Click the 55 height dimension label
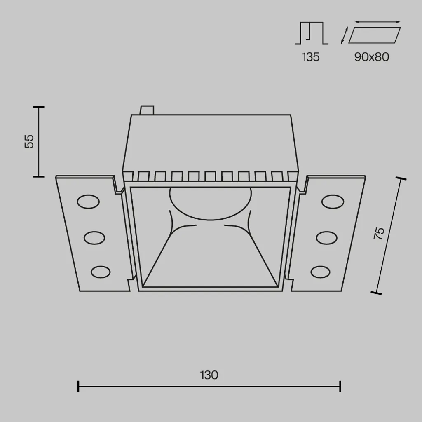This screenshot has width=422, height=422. pyautogui.click(x=29, y=141)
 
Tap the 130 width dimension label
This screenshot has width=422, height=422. pyautogui.click(x=209, y=375)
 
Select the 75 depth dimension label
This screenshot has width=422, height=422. pyautogui.click(x=379, y=233)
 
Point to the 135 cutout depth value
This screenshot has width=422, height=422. pyautogui.click(x=311, y=57)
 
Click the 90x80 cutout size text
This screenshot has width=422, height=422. pyautogui.click(x=372, y=57)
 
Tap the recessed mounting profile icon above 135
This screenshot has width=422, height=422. pyautogui.click(x=312, y=33)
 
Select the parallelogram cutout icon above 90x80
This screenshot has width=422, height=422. pyautogui.click(x=374, y=35)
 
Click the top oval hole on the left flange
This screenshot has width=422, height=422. pyautogui.click(x=88, y=202)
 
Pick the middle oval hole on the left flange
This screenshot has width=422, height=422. pyautogui.click(x=94, y=238)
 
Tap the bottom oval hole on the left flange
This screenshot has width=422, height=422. pyautogui.click(x=101, y=272)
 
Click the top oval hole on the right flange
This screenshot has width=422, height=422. pyautogui.click(x=333, y=202)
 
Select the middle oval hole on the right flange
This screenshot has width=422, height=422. pyautogui.click(x=326, y=238)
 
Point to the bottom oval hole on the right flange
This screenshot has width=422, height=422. pyautogui.click(x=320, y=272)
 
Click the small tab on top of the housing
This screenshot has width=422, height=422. pyautogui.click(x=147, y=110)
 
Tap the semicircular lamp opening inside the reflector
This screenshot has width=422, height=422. pyautogui.click(x=211, y=204)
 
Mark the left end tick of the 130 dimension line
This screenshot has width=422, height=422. pyautogui.click(x=78, y=386)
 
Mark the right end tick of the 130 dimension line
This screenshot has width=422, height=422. pyautogui.click(x=340, y=386)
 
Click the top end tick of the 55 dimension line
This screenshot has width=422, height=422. pyautogui.click(x=39, y=107)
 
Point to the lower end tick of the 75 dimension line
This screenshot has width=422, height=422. pyautogui.click(x=376, y=293)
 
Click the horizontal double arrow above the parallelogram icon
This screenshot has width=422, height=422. pyautogui.click(x=378, y=22)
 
